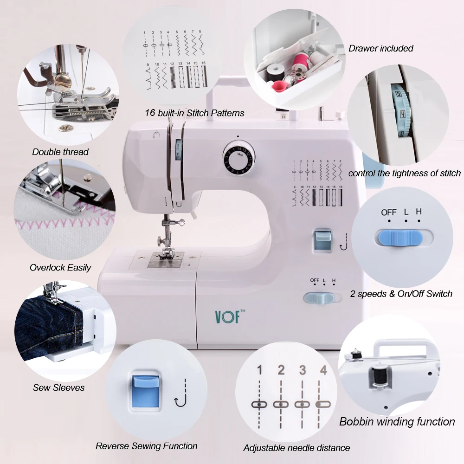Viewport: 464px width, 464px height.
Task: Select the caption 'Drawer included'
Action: coord(380,48)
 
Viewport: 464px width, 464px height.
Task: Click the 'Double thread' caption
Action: coord(60,152)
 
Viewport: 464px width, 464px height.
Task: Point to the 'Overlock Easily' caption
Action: coord(60,267)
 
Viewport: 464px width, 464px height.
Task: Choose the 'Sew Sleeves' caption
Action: coord(58,387)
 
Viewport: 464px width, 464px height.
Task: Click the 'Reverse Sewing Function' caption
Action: coord(147,446)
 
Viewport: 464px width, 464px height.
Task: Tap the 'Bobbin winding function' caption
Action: coord(397,421)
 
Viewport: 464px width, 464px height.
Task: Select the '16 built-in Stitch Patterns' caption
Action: coord(194,113)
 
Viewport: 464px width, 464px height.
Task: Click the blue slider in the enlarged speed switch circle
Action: coord(398,238)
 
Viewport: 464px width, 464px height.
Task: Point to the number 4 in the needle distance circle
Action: coord(323,370)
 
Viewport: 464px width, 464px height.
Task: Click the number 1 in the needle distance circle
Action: coord(259,370)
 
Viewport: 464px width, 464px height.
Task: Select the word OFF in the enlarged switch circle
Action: coord(389,212)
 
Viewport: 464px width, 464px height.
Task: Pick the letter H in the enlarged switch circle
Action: coord(419,212)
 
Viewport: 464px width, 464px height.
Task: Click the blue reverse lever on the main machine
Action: coord(321,240)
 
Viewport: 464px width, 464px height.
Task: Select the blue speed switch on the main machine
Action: coord(321,297)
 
